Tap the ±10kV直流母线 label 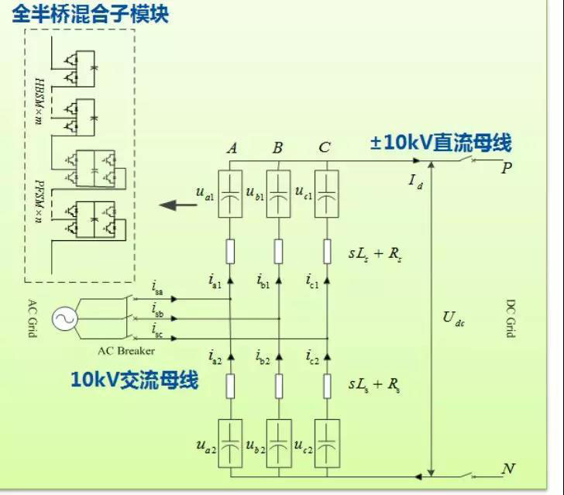[441, 144]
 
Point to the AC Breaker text [126, 349]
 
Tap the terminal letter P [506, 167]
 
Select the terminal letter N [508, 468]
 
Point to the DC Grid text [511, 318]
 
